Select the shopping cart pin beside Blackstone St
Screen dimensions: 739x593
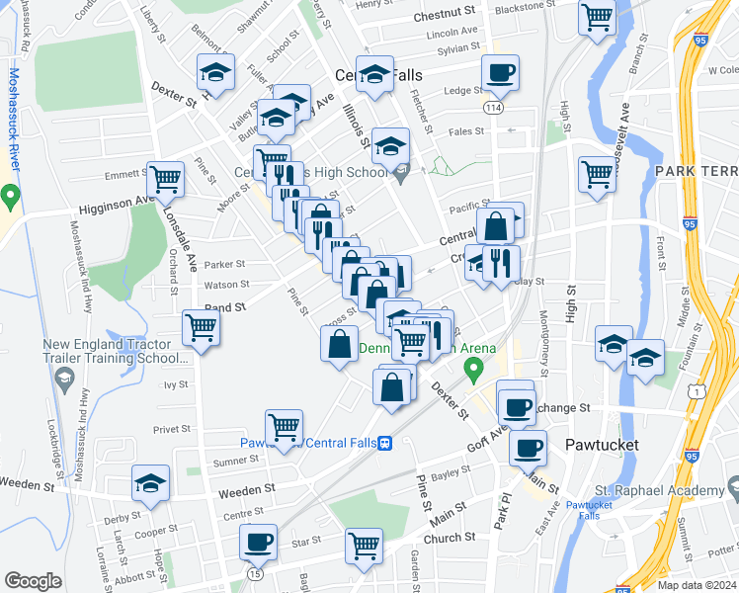point(597,17)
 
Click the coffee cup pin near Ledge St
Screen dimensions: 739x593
point(500,72)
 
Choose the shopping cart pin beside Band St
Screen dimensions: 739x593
point(202,326)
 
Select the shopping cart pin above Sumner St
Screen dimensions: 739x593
point(285,426)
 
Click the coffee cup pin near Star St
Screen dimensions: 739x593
point(259,542)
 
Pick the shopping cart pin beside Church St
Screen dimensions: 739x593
point(364,545)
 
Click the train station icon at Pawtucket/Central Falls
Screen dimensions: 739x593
point(385,443)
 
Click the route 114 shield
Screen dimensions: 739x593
point(492,106)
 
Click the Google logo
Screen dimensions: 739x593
point(33,580)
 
